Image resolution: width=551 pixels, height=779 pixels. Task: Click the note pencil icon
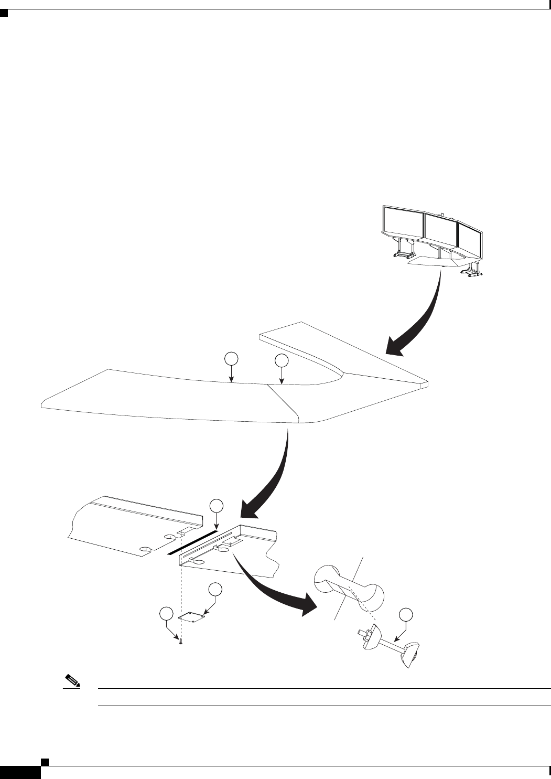(70, 682)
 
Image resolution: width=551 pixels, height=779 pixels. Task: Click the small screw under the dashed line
(180, 642)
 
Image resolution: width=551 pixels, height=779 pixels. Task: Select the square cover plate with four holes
(191, 617)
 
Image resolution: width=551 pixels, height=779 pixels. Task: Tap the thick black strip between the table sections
(192, 542)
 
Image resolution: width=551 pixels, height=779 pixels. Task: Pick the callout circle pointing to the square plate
(214, 590)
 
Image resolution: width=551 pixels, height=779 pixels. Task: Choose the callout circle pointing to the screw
(166, 614)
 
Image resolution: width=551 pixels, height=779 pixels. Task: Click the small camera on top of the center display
(444, 214)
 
